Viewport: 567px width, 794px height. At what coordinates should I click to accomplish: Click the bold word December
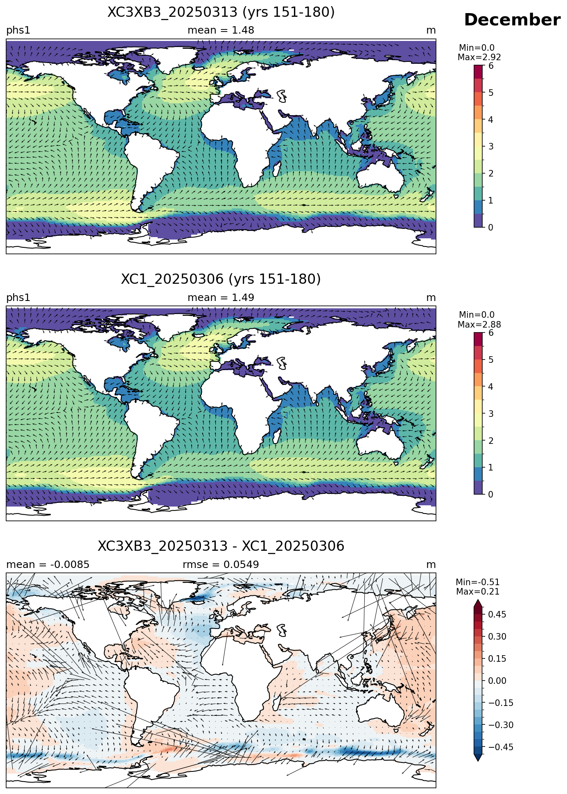512,20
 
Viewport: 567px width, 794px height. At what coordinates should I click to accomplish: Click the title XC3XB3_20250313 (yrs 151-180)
221,12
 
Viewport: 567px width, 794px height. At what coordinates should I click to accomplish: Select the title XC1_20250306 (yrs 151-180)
221,279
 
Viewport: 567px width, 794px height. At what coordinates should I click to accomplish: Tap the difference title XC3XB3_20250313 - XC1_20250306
221,546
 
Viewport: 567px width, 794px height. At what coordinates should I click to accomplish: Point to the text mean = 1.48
221,30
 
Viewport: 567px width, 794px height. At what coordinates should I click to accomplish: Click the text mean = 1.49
221,298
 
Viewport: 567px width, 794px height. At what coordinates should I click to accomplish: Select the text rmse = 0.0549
221,565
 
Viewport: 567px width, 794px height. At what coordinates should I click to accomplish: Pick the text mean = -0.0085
48,565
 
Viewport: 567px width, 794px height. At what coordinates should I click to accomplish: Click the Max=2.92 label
479,57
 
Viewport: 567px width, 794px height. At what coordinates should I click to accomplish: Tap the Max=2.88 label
479,325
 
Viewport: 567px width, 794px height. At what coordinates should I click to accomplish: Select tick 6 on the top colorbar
491,66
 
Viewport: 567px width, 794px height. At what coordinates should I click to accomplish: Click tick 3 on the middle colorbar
491,414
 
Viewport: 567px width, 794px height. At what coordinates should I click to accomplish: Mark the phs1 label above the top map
18,31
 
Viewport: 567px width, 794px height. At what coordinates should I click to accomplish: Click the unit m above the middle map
431,298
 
